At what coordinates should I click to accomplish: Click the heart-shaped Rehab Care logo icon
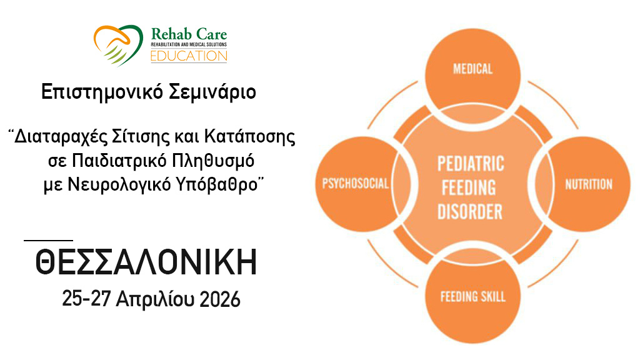tap(118, 45)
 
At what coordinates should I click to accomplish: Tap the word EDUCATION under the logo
tap(189, 56)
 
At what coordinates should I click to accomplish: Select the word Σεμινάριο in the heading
tap(212, 92)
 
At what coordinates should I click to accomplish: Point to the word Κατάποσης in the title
tap(250, 137)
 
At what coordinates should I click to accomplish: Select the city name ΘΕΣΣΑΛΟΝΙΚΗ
tap(146, 262)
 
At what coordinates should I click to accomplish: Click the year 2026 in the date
tap(220, 299)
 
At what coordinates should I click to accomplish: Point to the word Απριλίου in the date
tap(155, 300)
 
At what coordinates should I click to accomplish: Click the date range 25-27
tap(86, 299)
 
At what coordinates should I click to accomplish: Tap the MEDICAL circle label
tap(472, 69)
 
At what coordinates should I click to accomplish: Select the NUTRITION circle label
tap(589, 184)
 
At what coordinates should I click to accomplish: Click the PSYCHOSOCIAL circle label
tap(356, 183)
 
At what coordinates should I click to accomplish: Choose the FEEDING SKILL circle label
tap(472, 296)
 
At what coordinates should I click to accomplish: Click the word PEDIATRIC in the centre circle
tap(471, 164)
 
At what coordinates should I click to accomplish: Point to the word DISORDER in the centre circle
tap(470, 212)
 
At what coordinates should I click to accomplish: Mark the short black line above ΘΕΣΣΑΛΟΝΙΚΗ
tap(48, 241)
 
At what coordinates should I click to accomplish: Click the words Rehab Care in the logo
tap(189, 34)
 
